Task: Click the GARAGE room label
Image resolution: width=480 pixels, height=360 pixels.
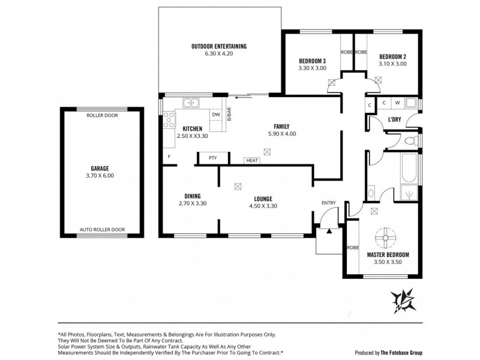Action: (x=100, y=169)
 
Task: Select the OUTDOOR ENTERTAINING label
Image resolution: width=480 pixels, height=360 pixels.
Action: (x=219, y=46)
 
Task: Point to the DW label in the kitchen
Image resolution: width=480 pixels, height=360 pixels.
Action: (x=216, y=115)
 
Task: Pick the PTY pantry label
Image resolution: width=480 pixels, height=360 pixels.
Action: (x=212, y=158)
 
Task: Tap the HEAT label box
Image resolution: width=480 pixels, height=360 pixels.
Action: (x=251, y=160)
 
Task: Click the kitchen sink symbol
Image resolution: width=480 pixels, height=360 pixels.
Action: (x=191, y=103)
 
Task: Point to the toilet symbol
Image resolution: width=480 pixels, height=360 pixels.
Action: (x=410, y=142)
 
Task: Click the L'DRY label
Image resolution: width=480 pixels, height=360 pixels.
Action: (x=394, y=119)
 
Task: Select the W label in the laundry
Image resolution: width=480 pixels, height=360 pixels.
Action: (x=397, y=103)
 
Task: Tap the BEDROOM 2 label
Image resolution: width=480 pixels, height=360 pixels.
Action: (x=392, y=56)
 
